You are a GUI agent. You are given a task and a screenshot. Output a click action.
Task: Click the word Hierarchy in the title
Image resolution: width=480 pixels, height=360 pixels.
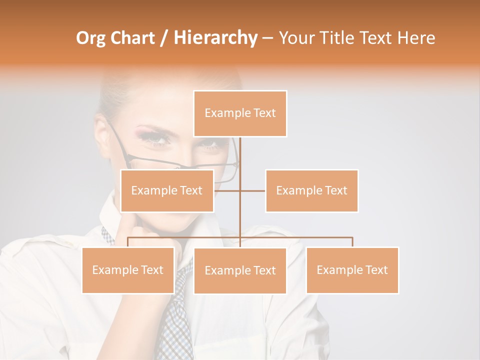tap(215, 38)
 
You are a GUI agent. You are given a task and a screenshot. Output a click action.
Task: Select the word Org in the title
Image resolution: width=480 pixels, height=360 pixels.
tap(91, 38)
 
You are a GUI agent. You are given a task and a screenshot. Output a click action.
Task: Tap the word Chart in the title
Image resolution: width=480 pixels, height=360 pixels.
tap(132, 38)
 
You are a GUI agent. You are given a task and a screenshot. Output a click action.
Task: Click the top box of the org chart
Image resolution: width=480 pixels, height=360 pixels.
tap(240, 113)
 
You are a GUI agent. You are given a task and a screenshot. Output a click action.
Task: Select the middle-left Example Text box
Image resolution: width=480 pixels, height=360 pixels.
tap(167, 190)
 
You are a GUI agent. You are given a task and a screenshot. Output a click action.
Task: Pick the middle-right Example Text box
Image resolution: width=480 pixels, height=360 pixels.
tap(311, 190)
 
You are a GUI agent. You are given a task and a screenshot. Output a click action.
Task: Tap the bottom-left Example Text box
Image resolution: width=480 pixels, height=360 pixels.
tap(128, 270)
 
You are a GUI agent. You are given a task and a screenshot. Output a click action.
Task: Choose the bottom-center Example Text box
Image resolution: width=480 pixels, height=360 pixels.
tap(240, 270)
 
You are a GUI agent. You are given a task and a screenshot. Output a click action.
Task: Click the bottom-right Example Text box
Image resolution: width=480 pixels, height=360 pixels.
tap(352, 270)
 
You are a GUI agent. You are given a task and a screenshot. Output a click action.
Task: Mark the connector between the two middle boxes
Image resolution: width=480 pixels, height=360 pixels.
tap(240, 190)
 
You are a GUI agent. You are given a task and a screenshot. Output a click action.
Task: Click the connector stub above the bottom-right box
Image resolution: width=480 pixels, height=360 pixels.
tap(352, 242)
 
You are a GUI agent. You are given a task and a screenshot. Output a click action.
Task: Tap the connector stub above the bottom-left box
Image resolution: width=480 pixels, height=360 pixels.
tap(128, 242)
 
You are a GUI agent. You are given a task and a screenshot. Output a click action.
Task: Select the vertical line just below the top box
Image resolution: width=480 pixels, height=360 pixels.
tap(240, 150)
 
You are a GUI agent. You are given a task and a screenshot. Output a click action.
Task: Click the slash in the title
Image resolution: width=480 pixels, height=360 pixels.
tap(164, 38)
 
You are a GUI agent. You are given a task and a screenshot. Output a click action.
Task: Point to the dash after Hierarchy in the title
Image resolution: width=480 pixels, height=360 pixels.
tap(267, 38)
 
